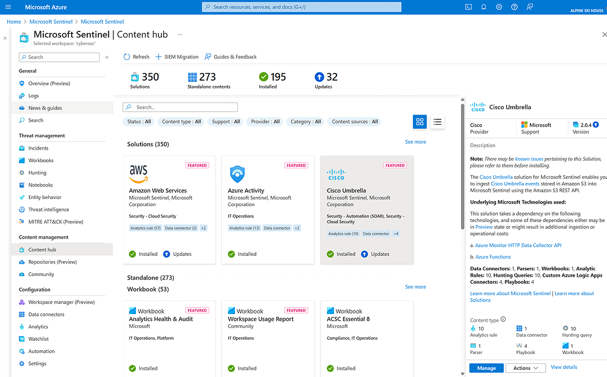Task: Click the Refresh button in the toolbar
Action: click(x=136, y=57)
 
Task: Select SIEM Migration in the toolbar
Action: click(x=177, y=57)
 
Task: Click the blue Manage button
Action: click(x=486, y=368)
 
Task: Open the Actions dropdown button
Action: click(x=525, y=368)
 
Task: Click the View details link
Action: click(x=564, y=368)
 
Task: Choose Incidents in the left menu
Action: click(x=39, y=148)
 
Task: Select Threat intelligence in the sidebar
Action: click(x=49, y=210)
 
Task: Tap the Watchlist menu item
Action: click(x=39, y=339)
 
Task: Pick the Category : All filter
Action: click(x=305, y=122)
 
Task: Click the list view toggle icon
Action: click(x=437, y=122)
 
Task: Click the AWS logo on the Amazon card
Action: click(x=138, y=173)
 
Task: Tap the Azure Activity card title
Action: click(x=246, y=191)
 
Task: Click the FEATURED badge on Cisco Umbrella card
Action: click(x=395, y=166)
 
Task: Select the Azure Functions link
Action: click(x=492, y=257)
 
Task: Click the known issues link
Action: click(x=529, y=159)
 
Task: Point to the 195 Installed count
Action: click(x=278, y=77)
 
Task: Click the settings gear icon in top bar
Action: click(x=499, y=7)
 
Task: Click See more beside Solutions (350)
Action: click(x=415, y=142)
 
